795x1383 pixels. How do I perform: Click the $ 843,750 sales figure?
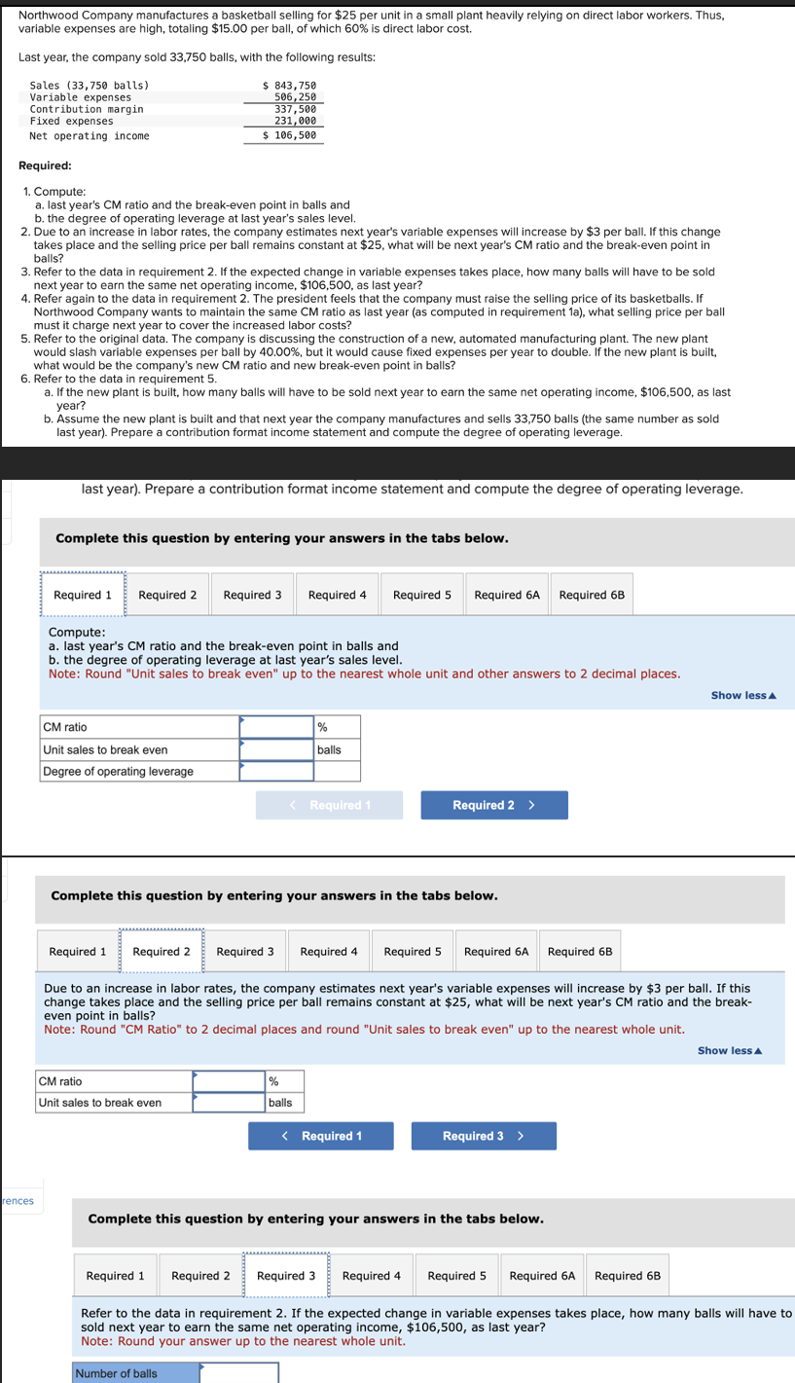[x=290, y=87]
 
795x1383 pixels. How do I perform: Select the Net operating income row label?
[x=90, y=136]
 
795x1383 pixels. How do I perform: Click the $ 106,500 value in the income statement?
[x=290, y=136]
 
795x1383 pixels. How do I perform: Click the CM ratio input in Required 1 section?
[x=276, y=727]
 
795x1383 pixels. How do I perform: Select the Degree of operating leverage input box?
[x=276, y=772]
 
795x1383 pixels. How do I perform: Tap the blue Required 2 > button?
[x=493, y=805]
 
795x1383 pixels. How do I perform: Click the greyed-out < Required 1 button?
[x=329, y=805]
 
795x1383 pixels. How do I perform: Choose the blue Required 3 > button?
[x=484, y=1136]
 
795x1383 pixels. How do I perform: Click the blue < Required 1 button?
[x=321, y=1136]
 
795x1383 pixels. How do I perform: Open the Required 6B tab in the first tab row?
[x=592, y=595]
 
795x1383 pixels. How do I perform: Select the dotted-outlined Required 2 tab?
[x=162, y=951]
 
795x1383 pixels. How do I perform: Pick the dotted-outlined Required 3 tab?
[x=286, y=1276]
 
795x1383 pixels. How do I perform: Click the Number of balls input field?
[x=239, y=1373]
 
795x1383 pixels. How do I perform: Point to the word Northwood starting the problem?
[x=52, y=17]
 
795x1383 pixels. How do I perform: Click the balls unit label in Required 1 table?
[x=329, y=749]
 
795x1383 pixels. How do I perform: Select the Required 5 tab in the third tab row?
[x=456, y=1276]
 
